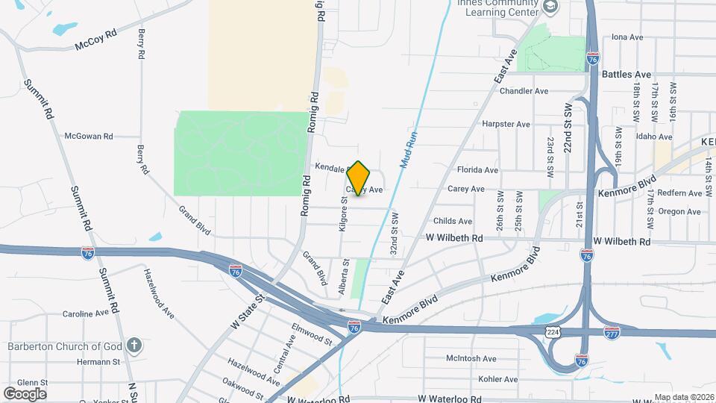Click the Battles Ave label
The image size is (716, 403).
click(627, 75)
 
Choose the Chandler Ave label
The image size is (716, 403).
click(524, 91)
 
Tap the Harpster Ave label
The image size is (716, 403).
click(506, 124)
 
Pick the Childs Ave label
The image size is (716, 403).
click(453, 221)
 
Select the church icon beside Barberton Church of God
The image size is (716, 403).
click(134, 346)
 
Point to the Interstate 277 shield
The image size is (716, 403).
click(612, 331)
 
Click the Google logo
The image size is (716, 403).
click(25, 393)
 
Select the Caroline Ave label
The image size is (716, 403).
click(87, 314)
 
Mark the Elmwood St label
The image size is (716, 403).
click(312, 334)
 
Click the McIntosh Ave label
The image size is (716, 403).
click(471, 358)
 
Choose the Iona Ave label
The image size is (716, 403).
click(626, 37)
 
